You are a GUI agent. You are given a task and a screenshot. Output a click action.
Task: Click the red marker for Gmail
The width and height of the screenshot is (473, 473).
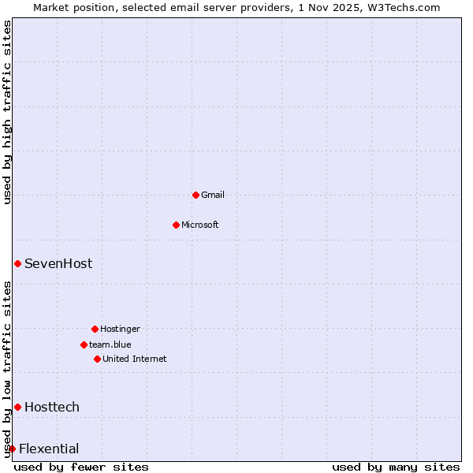tap(196, 195)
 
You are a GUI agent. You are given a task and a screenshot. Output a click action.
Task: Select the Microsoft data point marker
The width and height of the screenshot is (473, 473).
tap(176, 225)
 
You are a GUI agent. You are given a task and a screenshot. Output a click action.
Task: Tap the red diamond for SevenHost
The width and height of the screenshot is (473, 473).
tap(17, 263)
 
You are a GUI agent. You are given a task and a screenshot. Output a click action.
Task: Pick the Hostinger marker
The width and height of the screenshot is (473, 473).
tap(95, 329)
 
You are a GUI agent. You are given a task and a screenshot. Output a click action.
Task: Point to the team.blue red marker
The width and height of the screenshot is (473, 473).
tap(84, 345)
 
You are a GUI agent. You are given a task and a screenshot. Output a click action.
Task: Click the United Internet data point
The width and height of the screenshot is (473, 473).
tap(97, 359)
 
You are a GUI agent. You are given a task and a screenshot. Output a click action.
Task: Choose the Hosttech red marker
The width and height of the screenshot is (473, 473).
tap(17, 407)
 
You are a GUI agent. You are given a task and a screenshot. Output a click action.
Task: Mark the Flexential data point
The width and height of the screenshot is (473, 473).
tap(12, 449)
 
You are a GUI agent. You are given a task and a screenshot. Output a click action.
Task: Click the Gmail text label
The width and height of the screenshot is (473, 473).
tap(213, 195)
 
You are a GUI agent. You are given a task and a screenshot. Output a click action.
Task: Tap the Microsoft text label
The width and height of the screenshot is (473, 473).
tap(200, 225)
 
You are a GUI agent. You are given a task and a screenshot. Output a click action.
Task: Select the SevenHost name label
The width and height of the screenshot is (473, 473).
tap(58, 263)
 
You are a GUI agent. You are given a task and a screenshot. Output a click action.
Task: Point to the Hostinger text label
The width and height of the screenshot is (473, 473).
tap(120, 329)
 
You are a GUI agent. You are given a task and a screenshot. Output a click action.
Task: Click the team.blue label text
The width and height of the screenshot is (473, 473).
tap(110, 345)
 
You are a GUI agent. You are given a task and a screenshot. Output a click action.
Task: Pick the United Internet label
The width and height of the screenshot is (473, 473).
tap(135, 359)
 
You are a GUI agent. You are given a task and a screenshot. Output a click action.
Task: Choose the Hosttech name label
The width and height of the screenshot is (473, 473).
tap(52, 407)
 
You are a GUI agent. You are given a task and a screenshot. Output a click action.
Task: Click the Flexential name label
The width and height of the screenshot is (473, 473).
tap(49, 449)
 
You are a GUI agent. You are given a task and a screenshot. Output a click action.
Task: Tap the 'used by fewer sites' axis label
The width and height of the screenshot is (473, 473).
tap(81, 467)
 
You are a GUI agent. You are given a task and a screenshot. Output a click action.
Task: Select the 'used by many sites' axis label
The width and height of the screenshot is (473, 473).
tap(396, 467)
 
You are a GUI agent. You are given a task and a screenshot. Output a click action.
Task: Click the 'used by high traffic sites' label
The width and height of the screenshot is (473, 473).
tap(8, 112)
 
